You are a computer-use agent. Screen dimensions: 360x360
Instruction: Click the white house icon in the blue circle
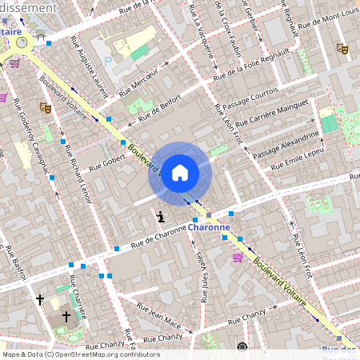[180, 172]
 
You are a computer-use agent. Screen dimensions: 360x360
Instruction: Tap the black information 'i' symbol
[162, 216]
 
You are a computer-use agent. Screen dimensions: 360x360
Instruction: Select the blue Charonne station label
[210, 226]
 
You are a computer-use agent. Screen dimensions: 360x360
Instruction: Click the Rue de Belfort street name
[160, 108]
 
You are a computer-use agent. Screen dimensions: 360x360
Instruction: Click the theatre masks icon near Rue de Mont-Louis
[342, 49]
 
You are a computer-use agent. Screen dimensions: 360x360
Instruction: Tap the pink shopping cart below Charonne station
[238, 257]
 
